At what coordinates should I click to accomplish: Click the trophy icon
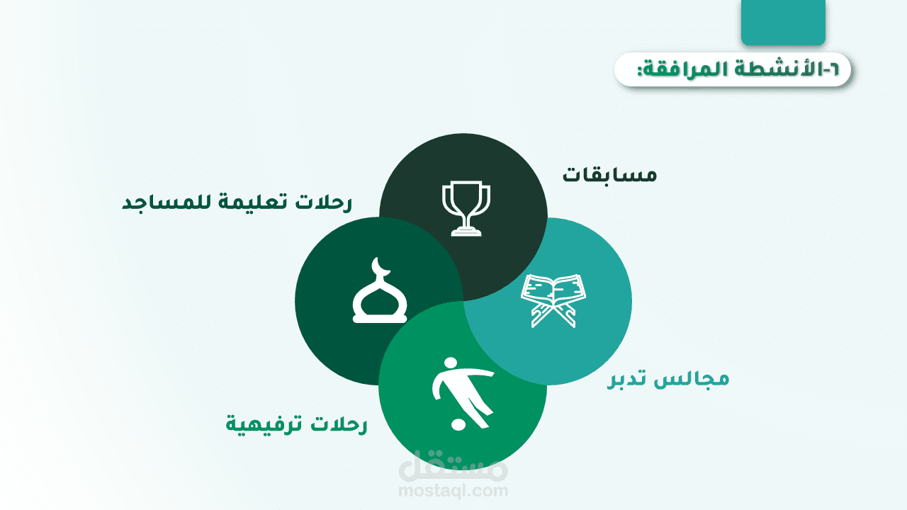pos(466,208)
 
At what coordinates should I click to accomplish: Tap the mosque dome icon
pos(379,290)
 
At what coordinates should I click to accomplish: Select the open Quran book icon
pos(553,300)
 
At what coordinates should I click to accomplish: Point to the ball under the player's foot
pos(458,424)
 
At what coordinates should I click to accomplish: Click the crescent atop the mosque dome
pos(381,267)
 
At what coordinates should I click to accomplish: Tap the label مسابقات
pos(609,175)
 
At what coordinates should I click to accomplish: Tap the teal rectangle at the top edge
pos(783,22)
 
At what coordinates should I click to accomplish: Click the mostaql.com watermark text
pos(453,491)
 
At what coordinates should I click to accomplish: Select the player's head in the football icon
pos(451,364)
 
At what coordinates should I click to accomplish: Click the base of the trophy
pos(466,232)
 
